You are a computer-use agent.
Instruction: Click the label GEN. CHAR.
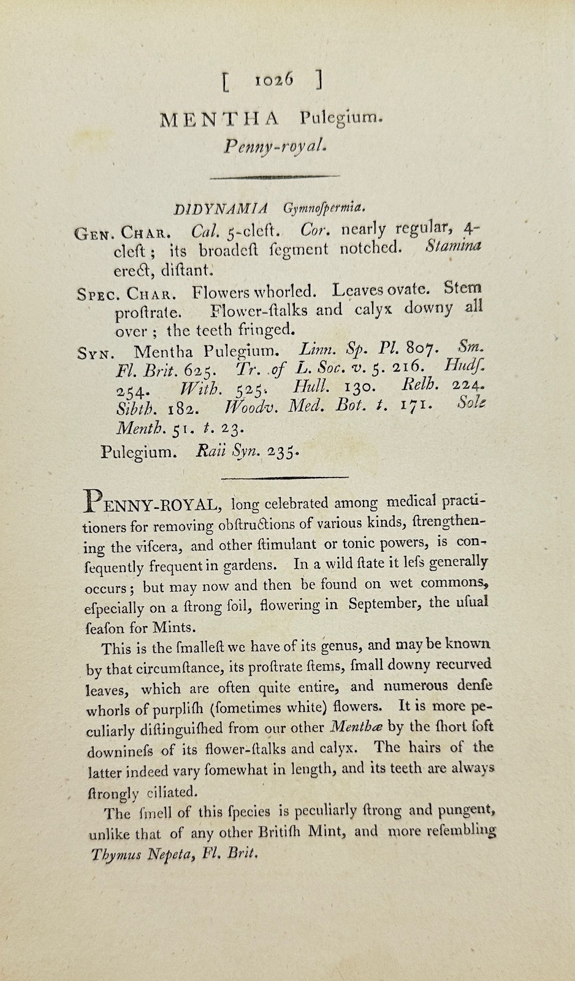[123, 233]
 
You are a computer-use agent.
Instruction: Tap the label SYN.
[94, 353]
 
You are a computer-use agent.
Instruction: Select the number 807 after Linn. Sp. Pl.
[423, 349]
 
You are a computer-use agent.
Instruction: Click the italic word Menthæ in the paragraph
[356, 728]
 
